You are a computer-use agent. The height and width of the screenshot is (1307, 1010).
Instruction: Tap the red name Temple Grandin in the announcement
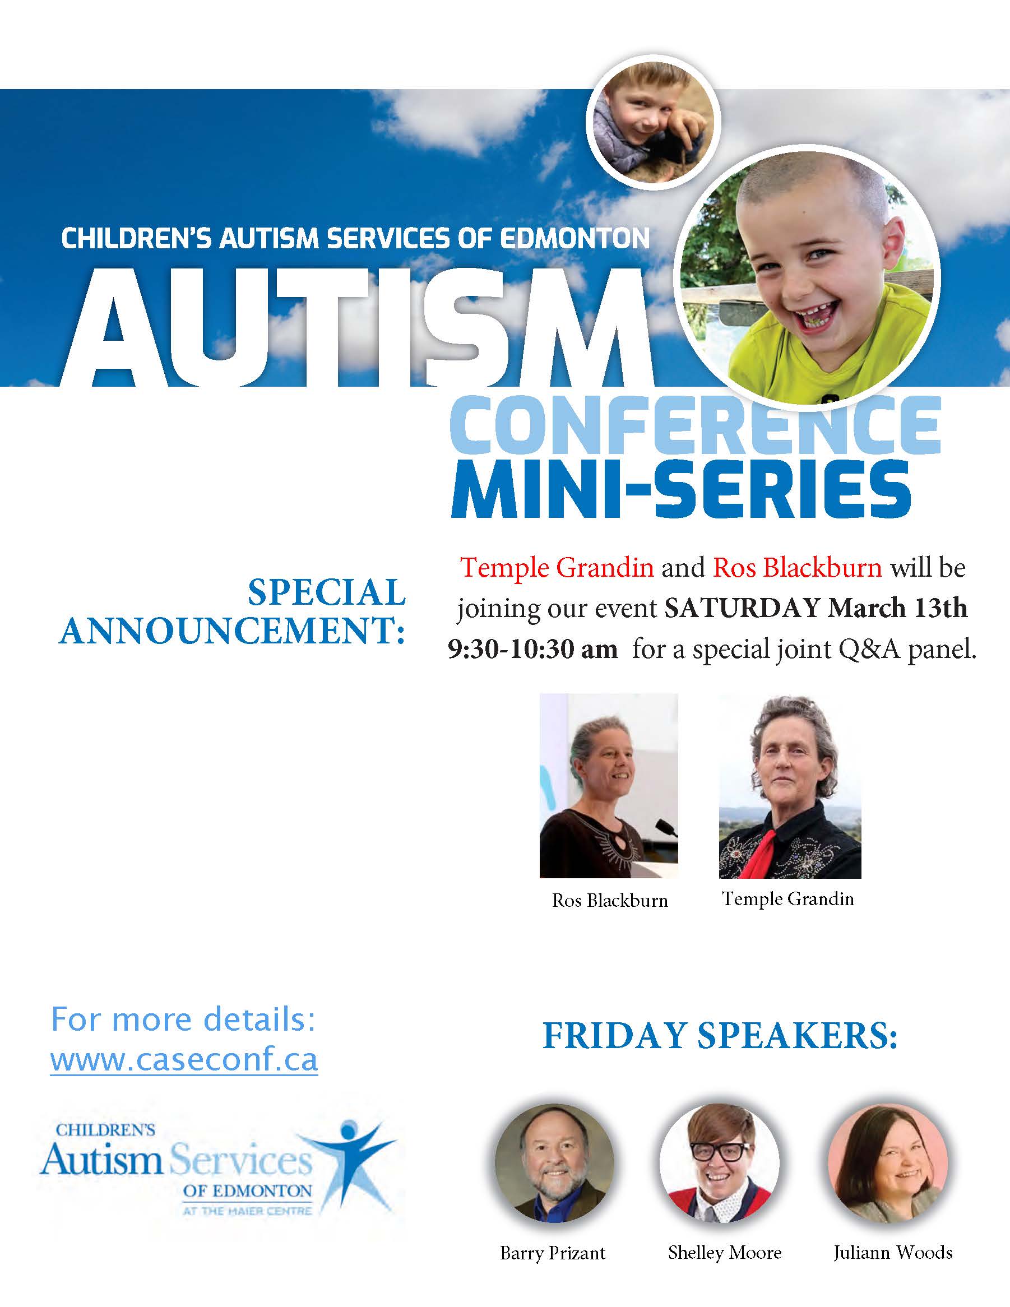(557, 567)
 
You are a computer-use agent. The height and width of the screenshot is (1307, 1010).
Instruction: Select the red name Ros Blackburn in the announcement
(797, 567)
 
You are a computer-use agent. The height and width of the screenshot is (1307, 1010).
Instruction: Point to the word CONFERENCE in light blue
(694, 427)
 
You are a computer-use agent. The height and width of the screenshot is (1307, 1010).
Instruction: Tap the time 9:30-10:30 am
(532, 650)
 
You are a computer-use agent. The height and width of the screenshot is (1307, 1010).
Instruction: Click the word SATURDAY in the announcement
(742, 608)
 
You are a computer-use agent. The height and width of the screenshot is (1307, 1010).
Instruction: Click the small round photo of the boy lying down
(654, 121)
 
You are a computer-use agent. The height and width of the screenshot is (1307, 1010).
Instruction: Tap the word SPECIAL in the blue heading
(327, 592)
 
